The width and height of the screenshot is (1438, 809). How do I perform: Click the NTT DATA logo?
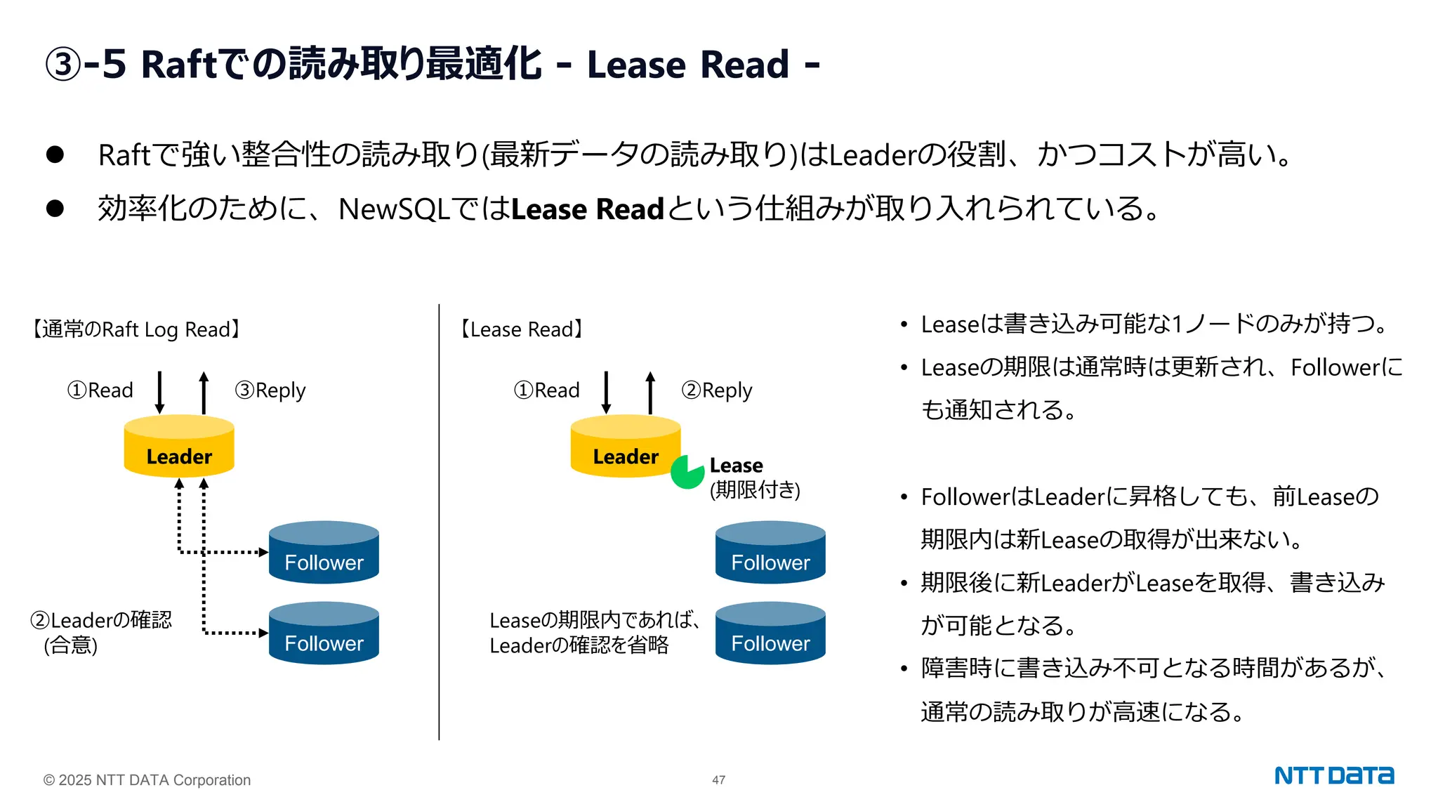(x=1333, y=775)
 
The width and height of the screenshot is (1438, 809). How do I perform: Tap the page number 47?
(x=718, y=780)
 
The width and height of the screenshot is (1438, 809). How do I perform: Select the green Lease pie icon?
(x=687, y=472)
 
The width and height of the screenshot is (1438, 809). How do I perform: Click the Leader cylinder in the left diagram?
(x=179, y=447)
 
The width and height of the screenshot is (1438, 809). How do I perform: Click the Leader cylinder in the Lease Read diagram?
(x=626, y=447)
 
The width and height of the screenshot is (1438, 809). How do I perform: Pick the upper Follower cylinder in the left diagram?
(x=324, y=553)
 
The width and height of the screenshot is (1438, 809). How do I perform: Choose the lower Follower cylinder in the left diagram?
(x=324, y=633)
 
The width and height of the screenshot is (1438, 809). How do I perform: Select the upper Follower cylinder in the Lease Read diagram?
(x=770, y=553)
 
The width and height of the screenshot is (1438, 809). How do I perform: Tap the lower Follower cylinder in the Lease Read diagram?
(x=770, y=633)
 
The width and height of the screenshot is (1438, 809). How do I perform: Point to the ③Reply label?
(x=270, y=390)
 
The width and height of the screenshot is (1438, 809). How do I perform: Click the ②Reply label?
(x=717, y=390)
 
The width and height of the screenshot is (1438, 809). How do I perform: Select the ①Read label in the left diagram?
(x=100, y=390)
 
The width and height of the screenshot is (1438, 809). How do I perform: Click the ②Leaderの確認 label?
(x=101, y=620)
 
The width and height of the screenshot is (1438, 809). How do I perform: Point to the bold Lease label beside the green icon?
(x=736, y=466)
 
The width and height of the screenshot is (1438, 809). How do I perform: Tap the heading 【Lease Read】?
(x=521, y=329)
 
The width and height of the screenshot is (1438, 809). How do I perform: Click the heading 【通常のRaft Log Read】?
(x=136, y=329)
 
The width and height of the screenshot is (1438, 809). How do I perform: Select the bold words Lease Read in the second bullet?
(x=587, y=209)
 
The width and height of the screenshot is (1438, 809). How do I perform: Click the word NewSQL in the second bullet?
(x=394, y=209)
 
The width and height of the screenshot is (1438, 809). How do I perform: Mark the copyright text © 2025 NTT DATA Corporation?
(x=147, y=780)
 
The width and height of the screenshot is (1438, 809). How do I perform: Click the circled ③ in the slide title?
(x=63, y=65)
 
